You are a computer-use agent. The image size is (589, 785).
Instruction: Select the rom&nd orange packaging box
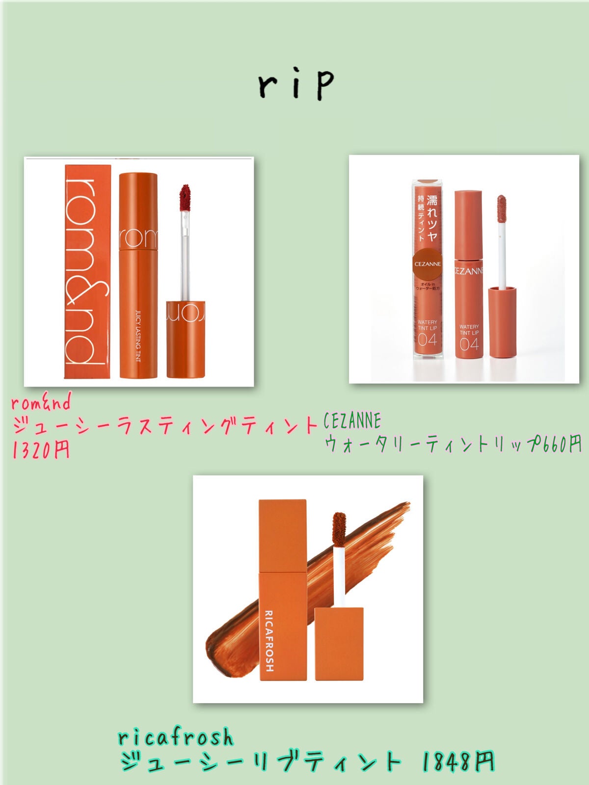tap(88, 271)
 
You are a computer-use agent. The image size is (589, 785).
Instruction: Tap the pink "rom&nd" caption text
tap(41, 402)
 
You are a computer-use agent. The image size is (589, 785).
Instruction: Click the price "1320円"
tap(41, 449)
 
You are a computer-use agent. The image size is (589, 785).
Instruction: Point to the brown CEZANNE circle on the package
tap(428, 264)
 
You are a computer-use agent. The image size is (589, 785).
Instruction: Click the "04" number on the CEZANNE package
tap(427, 340)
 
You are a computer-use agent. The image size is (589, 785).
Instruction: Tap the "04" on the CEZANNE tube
tap(469, 344)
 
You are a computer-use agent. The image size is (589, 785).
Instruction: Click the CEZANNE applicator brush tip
tap(501, 208)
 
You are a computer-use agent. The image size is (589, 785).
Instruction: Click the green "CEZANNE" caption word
tap(352, 421)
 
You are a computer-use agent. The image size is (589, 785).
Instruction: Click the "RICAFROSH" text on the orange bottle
tap(269, 640)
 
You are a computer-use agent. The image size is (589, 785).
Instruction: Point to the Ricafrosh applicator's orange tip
tap(339, 527)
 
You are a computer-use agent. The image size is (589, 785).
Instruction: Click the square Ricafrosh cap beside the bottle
tap(339, 643)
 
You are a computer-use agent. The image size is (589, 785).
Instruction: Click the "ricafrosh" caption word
tap(176, 737)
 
